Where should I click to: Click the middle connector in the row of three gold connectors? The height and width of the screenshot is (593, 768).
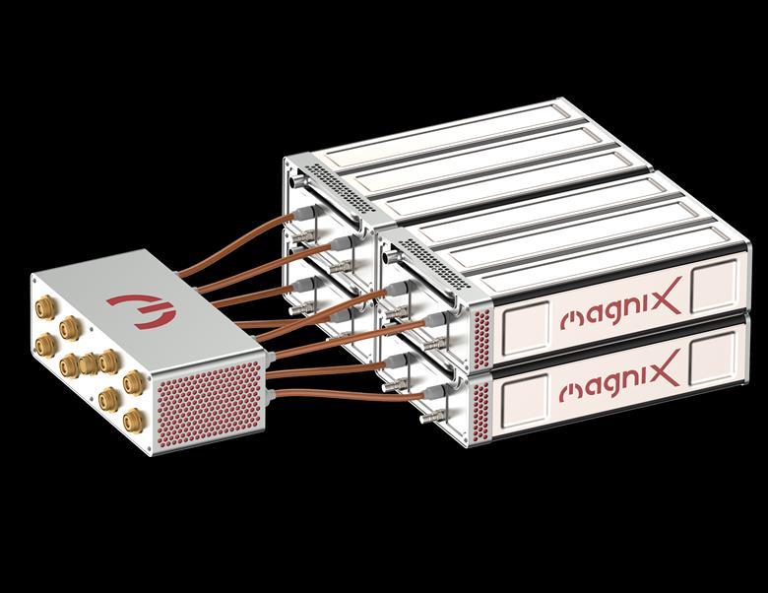(87, 365)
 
